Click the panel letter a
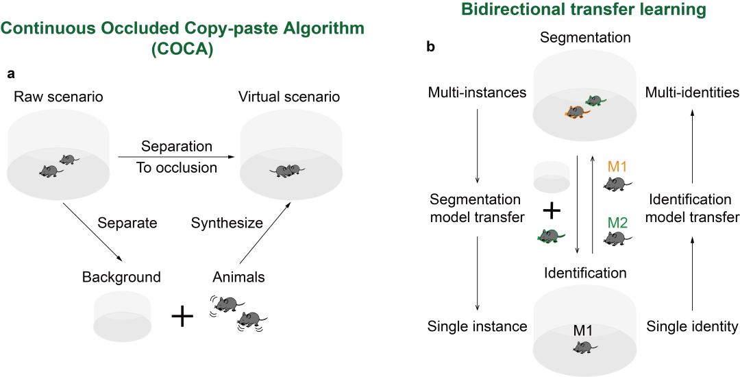tap(10, 72)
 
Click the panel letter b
tap(430, 47)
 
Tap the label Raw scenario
tap(58, 97)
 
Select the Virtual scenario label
tap(288, 97)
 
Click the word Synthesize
tap(227, 223)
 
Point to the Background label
tap(121, 277)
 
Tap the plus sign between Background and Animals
tap(182, 316)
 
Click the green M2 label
tap(618, 222)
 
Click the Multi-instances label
tap(477, 92)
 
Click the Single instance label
tap(477, 326)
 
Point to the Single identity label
tap(692, 326)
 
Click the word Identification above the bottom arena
tap(585, 273)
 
